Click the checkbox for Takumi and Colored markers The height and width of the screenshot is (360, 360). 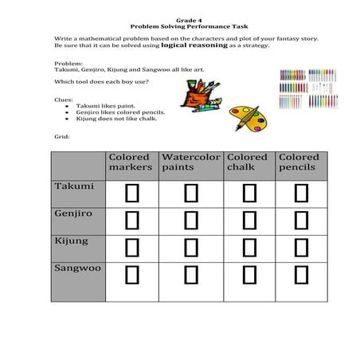132,193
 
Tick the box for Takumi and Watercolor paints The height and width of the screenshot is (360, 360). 191,193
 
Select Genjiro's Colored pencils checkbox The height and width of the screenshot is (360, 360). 301,219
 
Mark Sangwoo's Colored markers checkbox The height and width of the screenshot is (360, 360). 132,274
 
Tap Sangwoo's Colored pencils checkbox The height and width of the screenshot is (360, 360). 301,274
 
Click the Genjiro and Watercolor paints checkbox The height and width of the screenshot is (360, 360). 191,219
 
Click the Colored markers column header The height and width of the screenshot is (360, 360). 131,162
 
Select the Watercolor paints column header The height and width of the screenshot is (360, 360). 190,162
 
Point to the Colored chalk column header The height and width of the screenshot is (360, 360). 247,162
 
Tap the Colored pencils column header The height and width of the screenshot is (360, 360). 299,162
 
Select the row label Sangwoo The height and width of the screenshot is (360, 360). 77,268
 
